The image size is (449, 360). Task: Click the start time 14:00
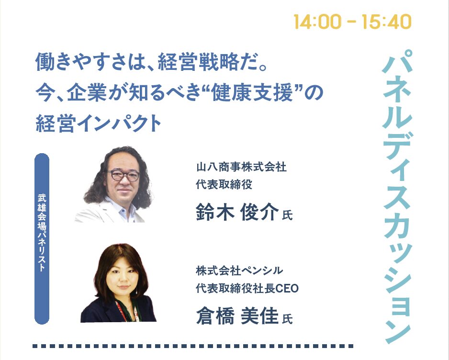[x=317, y=22]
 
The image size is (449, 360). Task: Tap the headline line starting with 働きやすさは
[x=151, y=62]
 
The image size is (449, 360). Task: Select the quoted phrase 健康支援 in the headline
[x=252, y=93]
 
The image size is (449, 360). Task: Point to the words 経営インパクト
[x=99, y=124]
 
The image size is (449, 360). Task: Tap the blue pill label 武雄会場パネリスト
[x=42, y=238]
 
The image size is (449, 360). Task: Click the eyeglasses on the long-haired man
[x=122, y=175]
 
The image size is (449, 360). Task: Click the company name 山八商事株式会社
[x=241, y=167]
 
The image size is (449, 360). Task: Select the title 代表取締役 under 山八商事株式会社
[x=224, y=184]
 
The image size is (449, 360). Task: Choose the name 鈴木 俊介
[x=237, y=212]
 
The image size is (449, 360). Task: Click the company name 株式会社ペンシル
[x=239, y=270]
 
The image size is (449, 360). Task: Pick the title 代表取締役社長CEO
[x=247, y=288]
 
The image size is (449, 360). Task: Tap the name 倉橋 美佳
[x=237, y=315]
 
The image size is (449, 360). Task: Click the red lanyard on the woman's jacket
[x=122, y=311]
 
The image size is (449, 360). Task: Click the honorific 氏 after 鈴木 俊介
[x=288, y=215]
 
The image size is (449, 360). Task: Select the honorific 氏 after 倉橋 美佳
[x=288, y=319]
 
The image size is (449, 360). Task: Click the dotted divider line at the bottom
[x=193, y=346]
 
